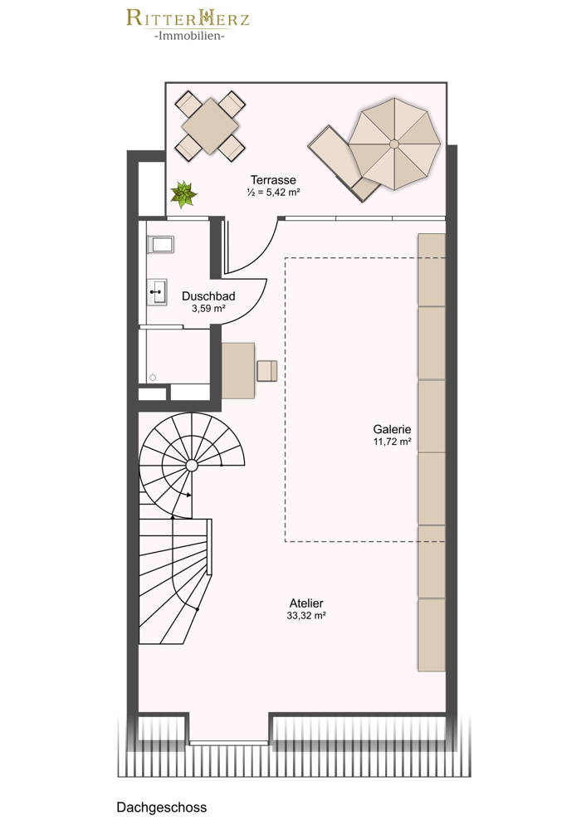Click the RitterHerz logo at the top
(x=188, y=25)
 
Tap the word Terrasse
(x=273, y=180)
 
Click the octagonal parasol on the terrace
(x=394, y=144)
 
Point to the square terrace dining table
(x=210, y=126)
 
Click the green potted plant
(x=183, y=194)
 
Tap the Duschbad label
(x=208, y=296)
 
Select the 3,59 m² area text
(x=209, y=309)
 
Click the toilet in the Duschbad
(x=160, y=245)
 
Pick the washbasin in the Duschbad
(x=157, y=292)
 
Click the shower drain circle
(x=153, y=378)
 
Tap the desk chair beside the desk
(x=266, y=370)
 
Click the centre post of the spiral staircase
(x=192, y=466)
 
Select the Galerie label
(x=393, y=429)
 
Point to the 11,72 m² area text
(x=393, y=442)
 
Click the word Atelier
(x=306, y=603)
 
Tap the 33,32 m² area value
(x=306, y=616)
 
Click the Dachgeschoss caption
(x=162, y=808)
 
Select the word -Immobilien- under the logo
(x=189, y=36)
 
